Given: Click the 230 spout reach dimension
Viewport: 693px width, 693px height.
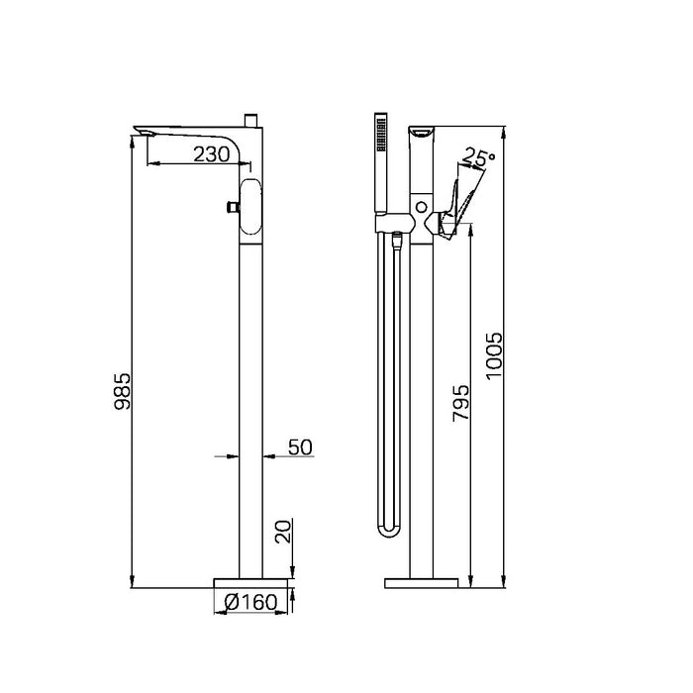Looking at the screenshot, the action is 212,154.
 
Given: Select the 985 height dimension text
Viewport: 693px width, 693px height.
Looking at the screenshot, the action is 123,391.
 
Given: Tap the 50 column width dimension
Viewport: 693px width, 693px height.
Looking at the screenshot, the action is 300,447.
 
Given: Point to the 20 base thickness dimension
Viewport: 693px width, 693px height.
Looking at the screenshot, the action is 283,532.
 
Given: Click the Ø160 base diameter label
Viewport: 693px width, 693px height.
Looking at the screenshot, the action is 250,602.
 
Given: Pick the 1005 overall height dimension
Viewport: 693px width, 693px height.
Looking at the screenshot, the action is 494,355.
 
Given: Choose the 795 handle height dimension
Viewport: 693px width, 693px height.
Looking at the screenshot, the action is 460,403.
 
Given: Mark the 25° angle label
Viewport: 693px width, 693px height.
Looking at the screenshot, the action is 478,156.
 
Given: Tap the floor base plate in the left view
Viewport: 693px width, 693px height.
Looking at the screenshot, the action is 250,583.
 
